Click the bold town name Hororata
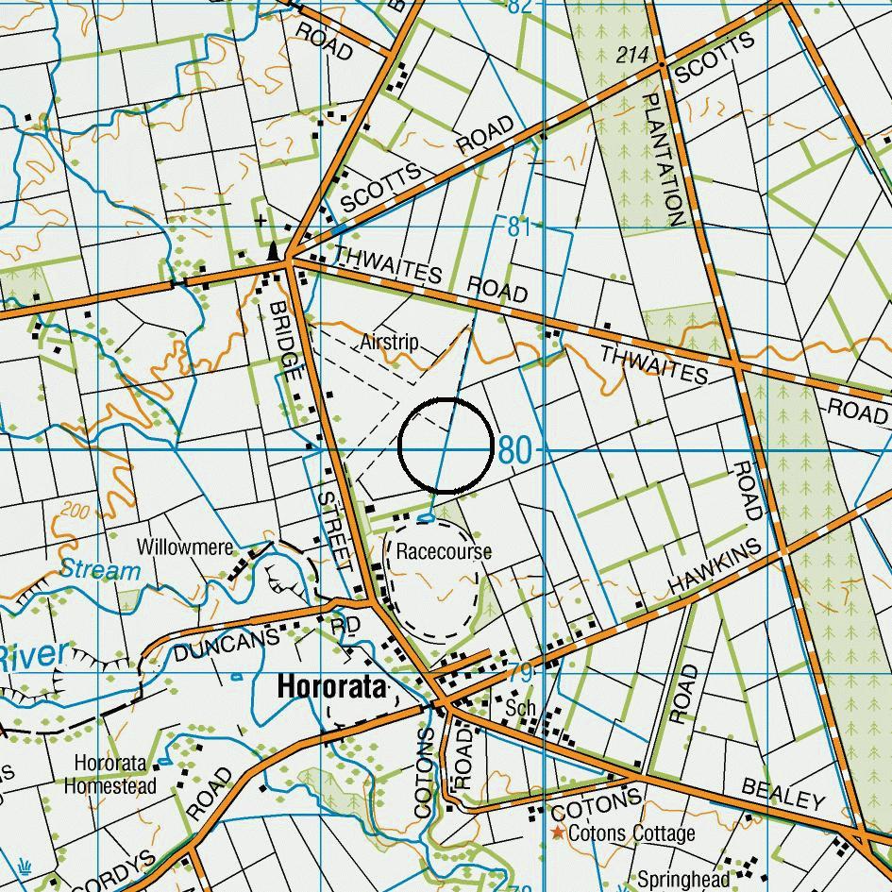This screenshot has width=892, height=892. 331,688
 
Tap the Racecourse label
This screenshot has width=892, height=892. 444,551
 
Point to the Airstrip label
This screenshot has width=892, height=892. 389,342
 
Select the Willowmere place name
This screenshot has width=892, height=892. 184,547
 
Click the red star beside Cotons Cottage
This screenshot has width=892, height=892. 558,833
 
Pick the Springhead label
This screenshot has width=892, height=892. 682,880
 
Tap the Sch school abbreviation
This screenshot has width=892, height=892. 520,708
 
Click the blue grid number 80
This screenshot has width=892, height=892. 514,451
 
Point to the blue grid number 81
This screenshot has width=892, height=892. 518,227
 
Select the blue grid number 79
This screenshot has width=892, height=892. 520,673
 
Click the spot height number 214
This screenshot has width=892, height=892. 632,56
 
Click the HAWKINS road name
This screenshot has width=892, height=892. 714,567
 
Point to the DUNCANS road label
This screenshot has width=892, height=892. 227,647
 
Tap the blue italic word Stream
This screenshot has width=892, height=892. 101,570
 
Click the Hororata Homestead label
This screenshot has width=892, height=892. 109,774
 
